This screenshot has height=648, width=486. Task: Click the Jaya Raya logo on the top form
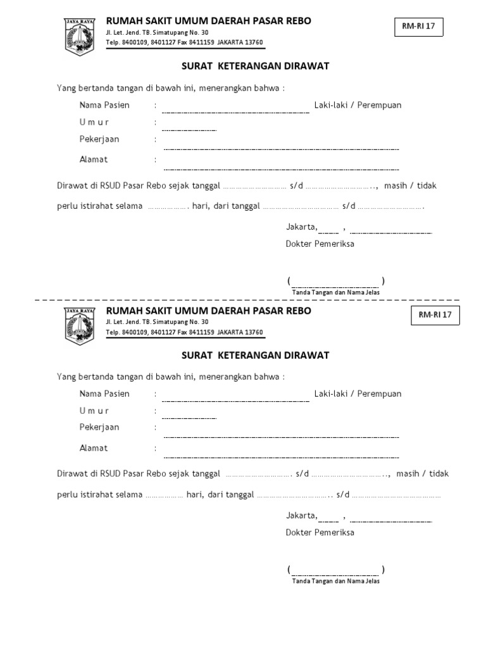tap(79, 36)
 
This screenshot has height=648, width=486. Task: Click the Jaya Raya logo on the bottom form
tap(79, 325)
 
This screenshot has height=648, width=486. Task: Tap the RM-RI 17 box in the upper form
tap(419, 27)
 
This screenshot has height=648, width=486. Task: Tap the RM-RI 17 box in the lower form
tap(436, 315)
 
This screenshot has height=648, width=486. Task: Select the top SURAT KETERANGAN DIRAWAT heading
tap(256, 66)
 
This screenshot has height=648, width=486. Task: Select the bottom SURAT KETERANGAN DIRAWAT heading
tap(256, 356)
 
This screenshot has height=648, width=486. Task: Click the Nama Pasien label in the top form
tap(104, 105)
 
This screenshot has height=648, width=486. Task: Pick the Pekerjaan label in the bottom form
tap(99, 427)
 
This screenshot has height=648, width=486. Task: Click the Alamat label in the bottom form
tap(94, 448)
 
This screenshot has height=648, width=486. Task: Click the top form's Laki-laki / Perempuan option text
tap(358, 105)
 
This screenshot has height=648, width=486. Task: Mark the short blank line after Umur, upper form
tap(189, 129)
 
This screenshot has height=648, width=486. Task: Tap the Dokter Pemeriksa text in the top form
tap(320, 244)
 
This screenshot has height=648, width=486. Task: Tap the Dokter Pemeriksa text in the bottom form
tap(320, 532)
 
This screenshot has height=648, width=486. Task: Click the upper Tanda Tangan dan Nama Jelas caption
tap(335, 292)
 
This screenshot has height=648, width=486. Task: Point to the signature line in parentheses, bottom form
tap(335, 569)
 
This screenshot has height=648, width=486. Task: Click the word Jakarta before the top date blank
tap(301, 226)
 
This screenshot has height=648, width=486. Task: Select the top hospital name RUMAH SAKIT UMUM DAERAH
tap(208, 21)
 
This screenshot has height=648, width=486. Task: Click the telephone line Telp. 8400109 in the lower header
tap(184, 332)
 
